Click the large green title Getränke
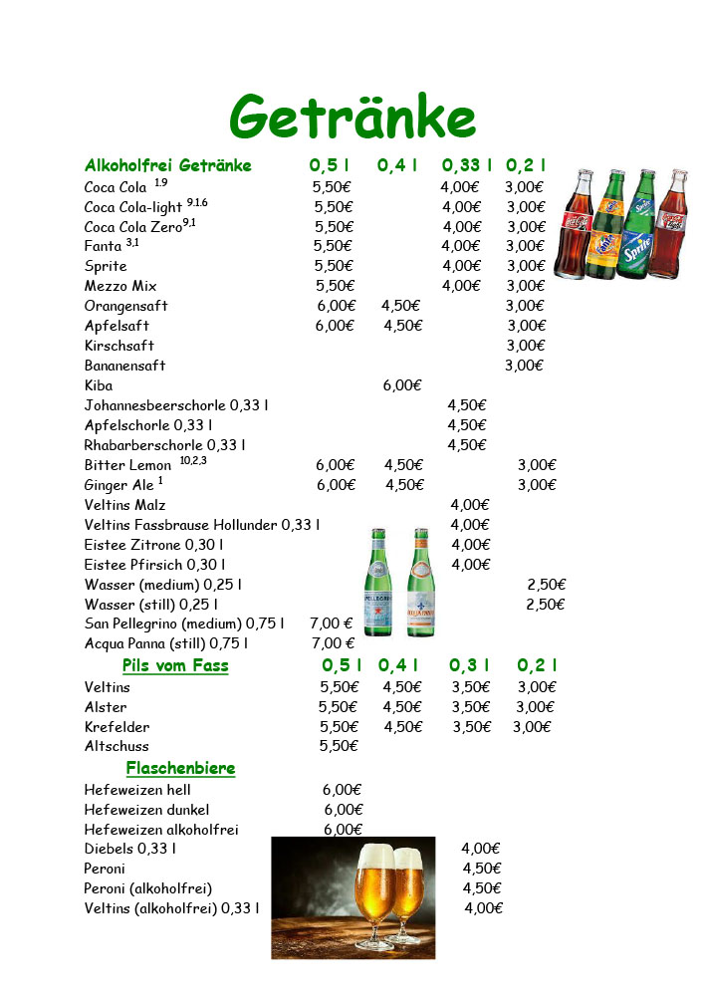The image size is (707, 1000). tap(353, 118)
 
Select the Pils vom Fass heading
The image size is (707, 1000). tap(175, 665)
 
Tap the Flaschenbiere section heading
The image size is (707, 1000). tap(180, 768)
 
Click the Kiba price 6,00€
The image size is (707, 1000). tap(402, 385)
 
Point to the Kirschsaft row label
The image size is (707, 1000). tap(119, 346)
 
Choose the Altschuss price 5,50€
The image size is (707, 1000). tap(338, 746)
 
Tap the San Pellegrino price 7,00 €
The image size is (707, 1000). tap(332, 624)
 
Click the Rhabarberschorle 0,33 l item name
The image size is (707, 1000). tap(164, 445)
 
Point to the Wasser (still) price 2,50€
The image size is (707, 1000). tap(545, 605)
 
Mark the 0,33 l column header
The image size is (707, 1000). tap(466, 165)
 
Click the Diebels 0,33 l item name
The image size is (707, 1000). tap(130, 849)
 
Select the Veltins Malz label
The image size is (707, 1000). tap(124, 505)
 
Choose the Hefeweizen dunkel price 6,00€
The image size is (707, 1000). tap(344, 810)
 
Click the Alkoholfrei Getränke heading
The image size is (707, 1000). tap(168, 165)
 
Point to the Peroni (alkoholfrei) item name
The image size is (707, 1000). tap(148, 888)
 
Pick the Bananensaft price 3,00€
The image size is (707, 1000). tap(524, 366)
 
